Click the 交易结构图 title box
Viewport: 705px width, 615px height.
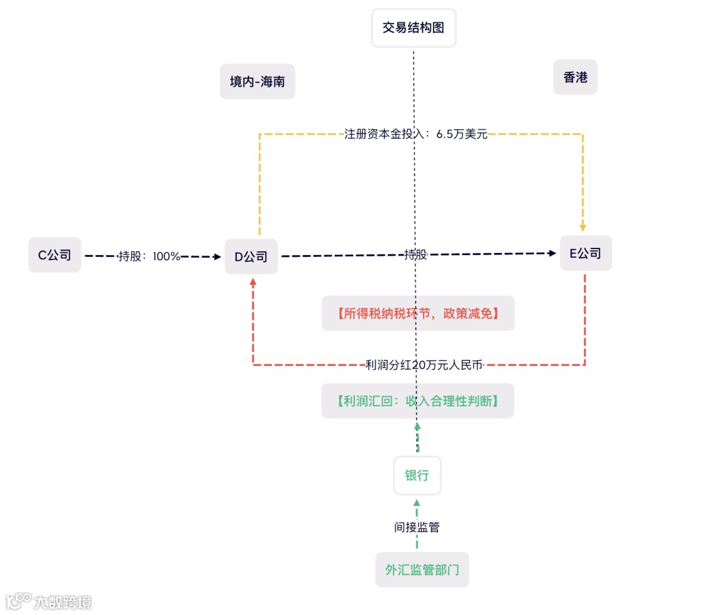point(413,28)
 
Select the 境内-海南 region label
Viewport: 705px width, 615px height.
point(257,82)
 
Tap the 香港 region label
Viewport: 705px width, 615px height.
point(575,78)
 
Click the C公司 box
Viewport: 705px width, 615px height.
point(55,255)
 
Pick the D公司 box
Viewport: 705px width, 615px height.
point(251,256)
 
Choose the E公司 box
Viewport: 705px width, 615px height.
point(586,253)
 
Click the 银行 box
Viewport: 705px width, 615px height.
point(417,475)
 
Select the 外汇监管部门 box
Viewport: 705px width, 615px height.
point(422,569)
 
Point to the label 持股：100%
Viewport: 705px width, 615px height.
point(149,256)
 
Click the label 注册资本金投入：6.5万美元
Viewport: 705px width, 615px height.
point(416,134)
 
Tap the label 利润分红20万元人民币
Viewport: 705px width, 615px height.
point(424,365)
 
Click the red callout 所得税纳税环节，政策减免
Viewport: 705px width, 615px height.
point(418,314)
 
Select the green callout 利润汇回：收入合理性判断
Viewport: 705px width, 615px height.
point(418,401)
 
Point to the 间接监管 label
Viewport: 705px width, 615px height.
point(417,527)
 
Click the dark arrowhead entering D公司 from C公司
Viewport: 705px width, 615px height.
point(217,257)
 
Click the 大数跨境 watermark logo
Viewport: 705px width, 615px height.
point(48,601)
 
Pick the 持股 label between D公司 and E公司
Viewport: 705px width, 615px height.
point(415,254)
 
